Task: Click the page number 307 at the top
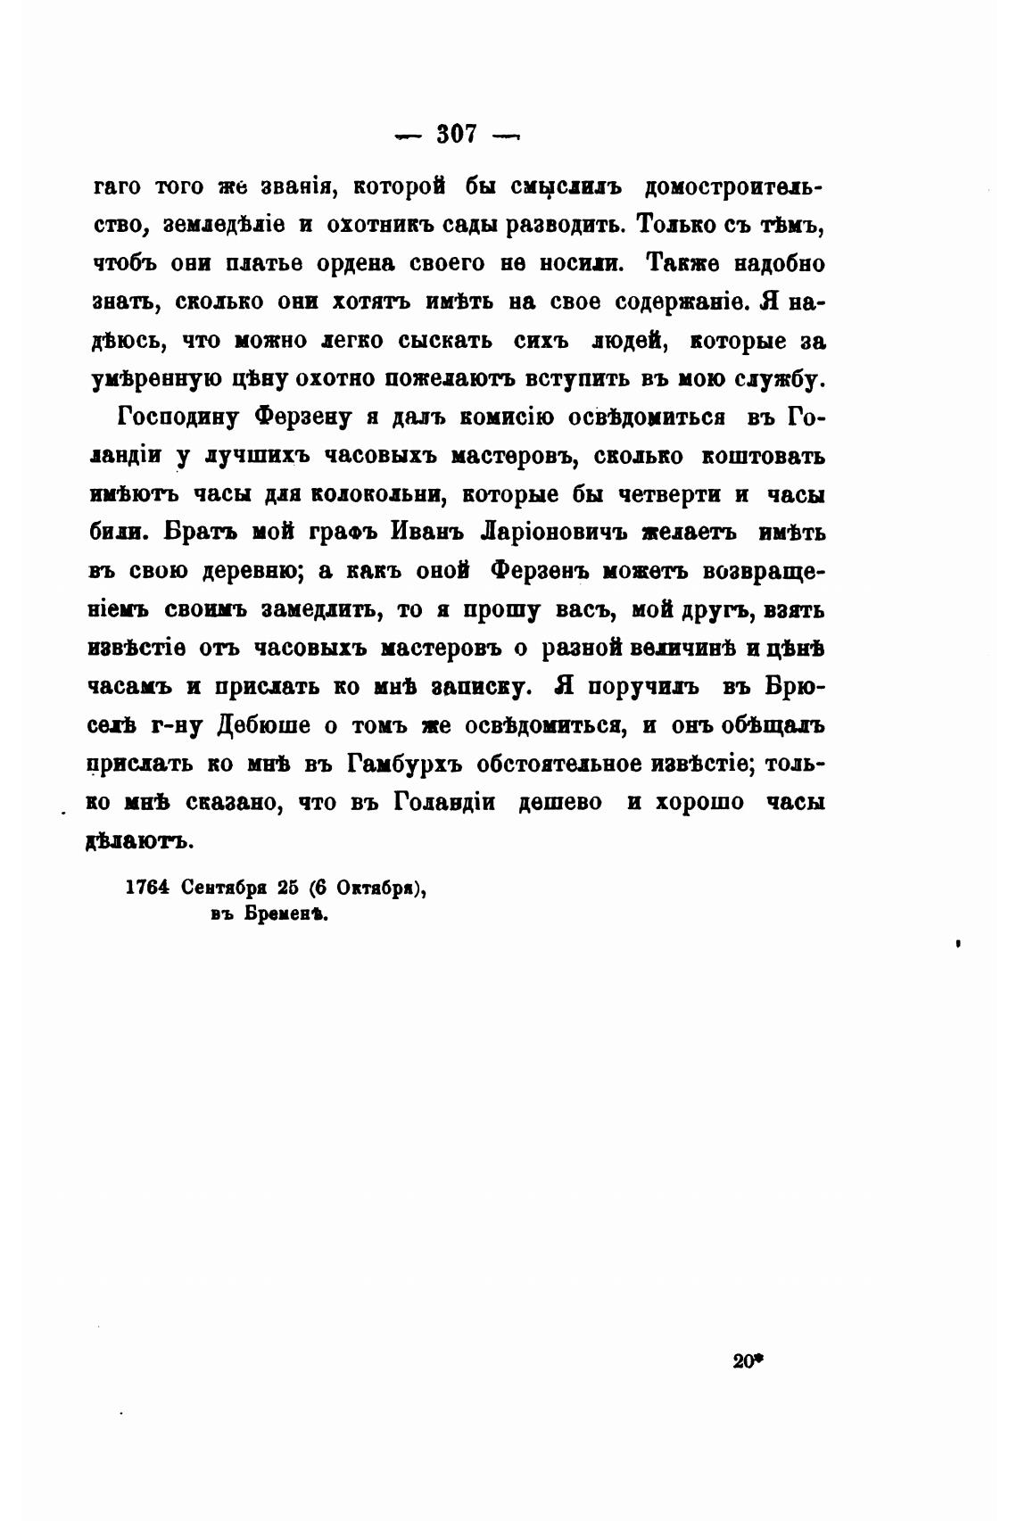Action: click(x=457, y=135)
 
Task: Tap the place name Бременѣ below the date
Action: click(x=281, y=914)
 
